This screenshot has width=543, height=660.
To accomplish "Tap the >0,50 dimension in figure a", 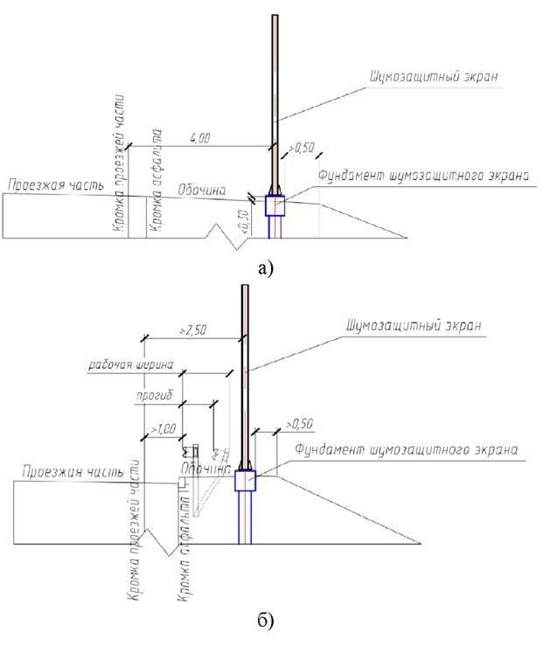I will pos(302,148).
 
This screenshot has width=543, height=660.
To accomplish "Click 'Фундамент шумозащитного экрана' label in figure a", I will pos(424,175).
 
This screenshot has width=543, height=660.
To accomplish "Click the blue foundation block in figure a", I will pos(275,205).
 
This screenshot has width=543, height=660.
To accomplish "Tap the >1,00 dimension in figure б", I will pos(163,428).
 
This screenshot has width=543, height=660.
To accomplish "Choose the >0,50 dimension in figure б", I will pos(301,424).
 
